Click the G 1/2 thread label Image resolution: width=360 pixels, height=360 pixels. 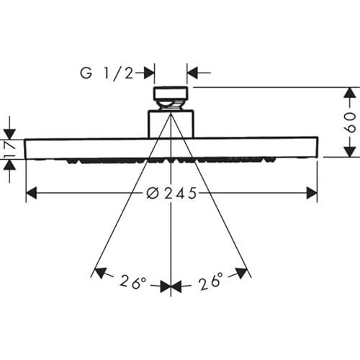(x=107, y=73)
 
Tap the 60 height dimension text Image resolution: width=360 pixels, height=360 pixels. (x=351, y=122)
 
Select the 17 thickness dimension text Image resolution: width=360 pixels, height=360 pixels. (x=9, y=150)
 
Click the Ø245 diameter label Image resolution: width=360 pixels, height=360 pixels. (x=171, y=193)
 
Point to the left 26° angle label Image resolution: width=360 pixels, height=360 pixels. (x=132, y=282)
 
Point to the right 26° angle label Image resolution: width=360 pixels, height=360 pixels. (x=211, y=281)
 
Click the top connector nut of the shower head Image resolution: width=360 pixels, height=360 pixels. (x=171, y=94)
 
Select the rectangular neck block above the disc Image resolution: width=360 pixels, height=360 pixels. (x=171, y=124)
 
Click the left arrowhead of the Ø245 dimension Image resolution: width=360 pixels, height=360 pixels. (x=31, y=193)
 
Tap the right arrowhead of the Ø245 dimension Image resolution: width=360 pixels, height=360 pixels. (x=312, y=193)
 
